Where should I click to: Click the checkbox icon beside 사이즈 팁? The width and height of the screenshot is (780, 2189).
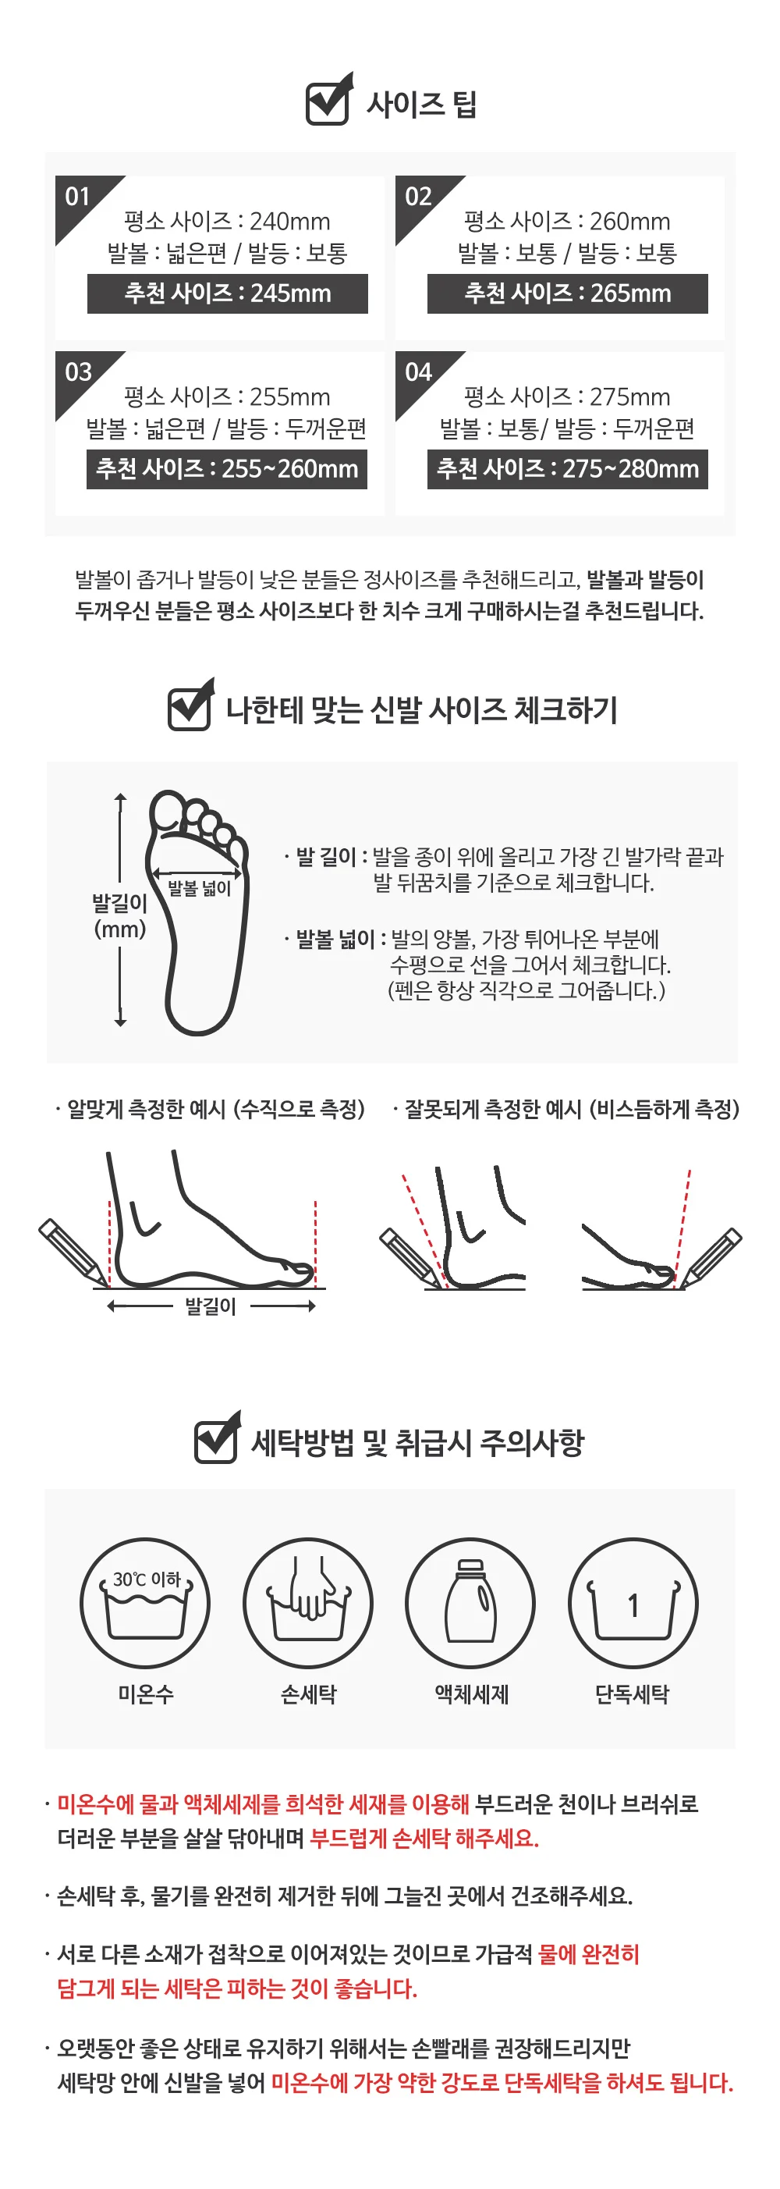(329, 100)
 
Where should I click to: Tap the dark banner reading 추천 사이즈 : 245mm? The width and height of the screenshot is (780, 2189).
(228, 293)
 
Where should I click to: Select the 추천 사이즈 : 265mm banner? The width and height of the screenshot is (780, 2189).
(568, 293)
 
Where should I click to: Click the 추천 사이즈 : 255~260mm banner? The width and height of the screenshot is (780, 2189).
(227, 469)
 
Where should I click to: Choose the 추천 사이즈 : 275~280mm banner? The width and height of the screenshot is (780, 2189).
(568, 469)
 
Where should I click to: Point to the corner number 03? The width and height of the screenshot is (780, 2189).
(78, 372)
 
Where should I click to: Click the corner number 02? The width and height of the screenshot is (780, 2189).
(418, 197)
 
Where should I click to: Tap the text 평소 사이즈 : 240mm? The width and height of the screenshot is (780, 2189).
(227, 222)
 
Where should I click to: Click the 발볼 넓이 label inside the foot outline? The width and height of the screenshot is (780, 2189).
(200, 888)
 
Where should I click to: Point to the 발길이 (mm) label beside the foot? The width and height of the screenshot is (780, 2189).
(120, 916)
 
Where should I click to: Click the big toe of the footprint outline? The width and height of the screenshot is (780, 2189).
(168, 811)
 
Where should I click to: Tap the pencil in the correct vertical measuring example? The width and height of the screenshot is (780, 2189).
(73, 1252)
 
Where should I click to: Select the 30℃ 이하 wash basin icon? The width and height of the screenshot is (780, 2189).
(145, 1603)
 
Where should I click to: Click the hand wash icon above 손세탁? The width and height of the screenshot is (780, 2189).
(308, 1603)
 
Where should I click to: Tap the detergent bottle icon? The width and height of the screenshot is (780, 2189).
(470, 1603)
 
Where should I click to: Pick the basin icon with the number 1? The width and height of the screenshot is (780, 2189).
(633, 1603)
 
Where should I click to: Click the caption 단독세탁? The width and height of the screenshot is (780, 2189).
(632, 1694)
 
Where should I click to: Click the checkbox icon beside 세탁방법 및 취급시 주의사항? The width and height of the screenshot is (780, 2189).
(218, 1437)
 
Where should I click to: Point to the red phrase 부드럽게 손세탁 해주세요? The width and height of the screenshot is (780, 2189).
(424, 1838)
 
